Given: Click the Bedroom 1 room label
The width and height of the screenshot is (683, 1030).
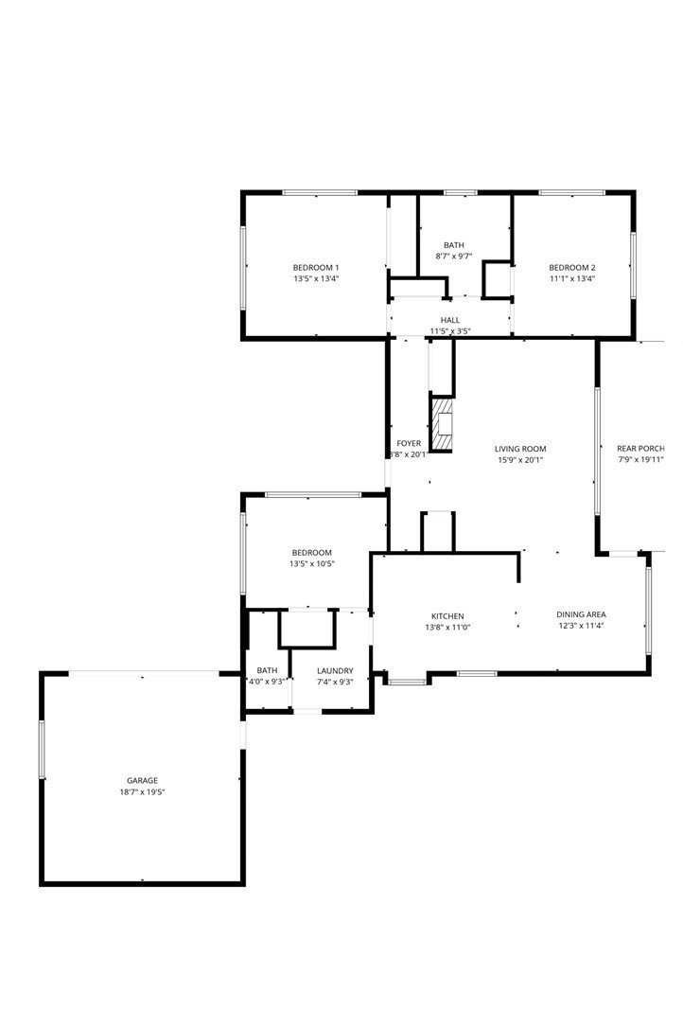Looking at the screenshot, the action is point(316,267).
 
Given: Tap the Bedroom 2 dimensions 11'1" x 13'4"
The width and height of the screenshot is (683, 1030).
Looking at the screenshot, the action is point(572,278).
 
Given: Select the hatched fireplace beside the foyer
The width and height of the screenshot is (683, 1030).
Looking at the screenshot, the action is point(442,424).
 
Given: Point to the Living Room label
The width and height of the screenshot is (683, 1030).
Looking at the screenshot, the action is point(520,450).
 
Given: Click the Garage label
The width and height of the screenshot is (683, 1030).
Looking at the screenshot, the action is point(143,780).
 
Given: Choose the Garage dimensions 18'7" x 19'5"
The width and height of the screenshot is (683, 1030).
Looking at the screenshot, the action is point(142,792).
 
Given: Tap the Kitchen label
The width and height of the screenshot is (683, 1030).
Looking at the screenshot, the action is point(447,616).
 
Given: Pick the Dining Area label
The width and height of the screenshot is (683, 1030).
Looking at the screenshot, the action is point(581,614).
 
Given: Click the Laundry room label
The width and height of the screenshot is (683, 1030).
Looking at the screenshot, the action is point(335,670).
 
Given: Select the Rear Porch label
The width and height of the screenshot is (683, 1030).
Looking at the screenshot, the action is point(641,449).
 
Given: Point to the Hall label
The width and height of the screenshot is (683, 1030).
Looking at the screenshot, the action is point(450,320).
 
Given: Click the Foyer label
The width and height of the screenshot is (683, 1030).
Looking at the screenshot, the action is point(409,443).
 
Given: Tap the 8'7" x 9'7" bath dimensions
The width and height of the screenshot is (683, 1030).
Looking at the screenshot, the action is point(454,257).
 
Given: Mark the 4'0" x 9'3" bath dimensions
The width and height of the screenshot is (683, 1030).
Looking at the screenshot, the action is point(267,682).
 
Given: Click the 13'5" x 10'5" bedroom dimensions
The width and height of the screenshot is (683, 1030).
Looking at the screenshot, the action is point(312,563).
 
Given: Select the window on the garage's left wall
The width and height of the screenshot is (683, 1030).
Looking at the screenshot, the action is point(42,749).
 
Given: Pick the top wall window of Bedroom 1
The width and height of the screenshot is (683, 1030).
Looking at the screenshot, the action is point(320,192).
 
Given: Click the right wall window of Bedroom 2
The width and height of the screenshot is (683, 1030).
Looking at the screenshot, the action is point(633,265).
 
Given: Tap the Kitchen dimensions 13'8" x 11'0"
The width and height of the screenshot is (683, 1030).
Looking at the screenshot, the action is point(447,628).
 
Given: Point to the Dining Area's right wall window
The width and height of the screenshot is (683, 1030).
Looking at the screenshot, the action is point(648,611).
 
